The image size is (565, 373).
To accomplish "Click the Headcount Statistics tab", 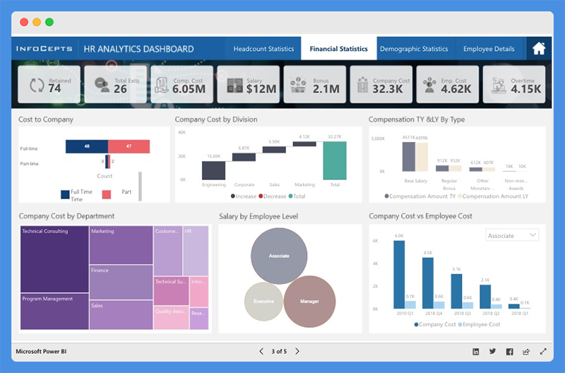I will click(263, 49).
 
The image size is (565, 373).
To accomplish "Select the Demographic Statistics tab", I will click(414, 49).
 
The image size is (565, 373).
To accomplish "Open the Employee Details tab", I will click(489, 49).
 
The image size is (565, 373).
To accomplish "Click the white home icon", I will click(539, 49).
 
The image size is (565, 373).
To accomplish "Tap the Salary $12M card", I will click(246, 85).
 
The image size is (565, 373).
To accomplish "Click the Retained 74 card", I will click(48, 85).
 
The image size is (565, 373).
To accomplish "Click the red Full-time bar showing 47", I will click(129, 146).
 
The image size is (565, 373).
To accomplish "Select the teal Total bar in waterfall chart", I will click(335, 161).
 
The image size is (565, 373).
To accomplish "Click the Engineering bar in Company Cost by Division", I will click(213, 170).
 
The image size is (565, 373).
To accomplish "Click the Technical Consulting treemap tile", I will click(54, 259).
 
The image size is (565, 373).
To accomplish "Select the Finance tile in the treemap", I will click(121, 281).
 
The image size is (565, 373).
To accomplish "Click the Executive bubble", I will click(263, 302).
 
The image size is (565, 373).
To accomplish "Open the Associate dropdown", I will click(512, 235).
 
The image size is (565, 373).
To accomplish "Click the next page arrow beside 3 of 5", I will click(297, 351).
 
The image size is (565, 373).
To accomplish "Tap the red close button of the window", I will click(24, 22).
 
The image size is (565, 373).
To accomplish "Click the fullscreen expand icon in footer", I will click(543, 351).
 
